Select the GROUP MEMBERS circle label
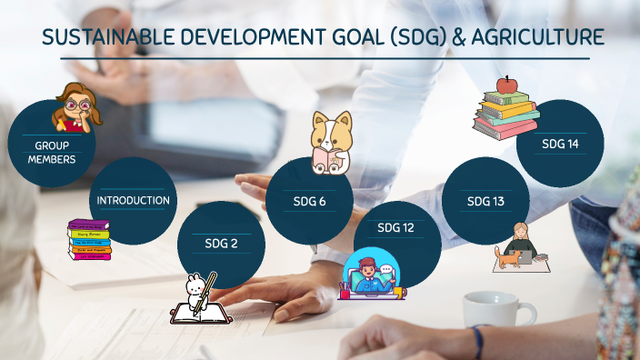(51, 152)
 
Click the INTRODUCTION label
(133, 200)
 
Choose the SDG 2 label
(221, 243)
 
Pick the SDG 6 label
(310, 201)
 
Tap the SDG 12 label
(395, 227)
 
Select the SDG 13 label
(485, 201)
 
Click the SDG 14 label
(560, 144)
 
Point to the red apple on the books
(507, 85)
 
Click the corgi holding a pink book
(331, 143)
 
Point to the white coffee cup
(497, 310)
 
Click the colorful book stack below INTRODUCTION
(89, 240)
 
